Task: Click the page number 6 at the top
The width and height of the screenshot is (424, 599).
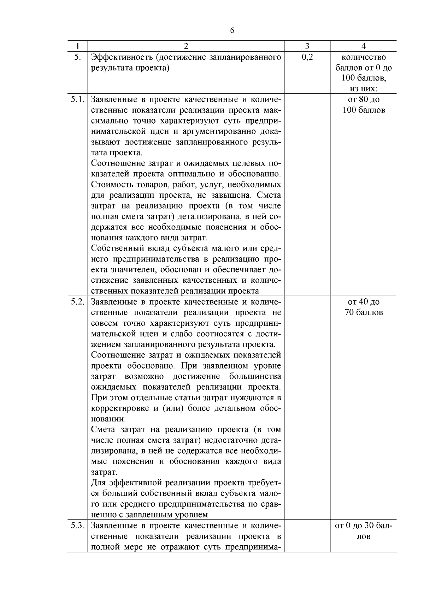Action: [x=232, y=31]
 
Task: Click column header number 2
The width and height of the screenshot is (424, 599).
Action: [x=186, y=46]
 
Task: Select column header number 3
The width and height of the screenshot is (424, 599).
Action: [x=307, y=46]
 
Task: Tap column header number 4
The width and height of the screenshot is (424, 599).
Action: [x=364, y=46]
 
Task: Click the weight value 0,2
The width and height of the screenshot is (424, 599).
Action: [x=307, y=57]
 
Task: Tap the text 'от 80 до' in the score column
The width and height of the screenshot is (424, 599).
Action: [x=364, y=100]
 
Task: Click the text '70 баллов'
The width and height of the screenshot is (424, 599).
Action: [x=364, y=313]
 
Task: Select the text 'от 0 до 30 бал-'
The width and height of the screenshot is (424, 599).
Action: [x=364, y=526]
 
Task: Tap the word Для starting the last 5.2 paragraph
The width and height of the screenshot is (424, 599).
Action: [x=99, y=483]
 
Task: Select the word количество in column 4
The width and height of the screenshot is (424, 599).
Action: [x=364, y=57]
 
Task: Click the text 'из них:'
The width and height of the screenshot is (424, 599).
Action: [x=364, y=89]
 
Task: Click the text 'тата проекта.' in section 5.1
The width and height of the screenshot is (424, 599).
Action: [x=117, y=153]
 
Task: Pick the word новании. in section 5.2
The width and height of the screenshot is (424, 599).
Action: [x=108, y=419]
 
